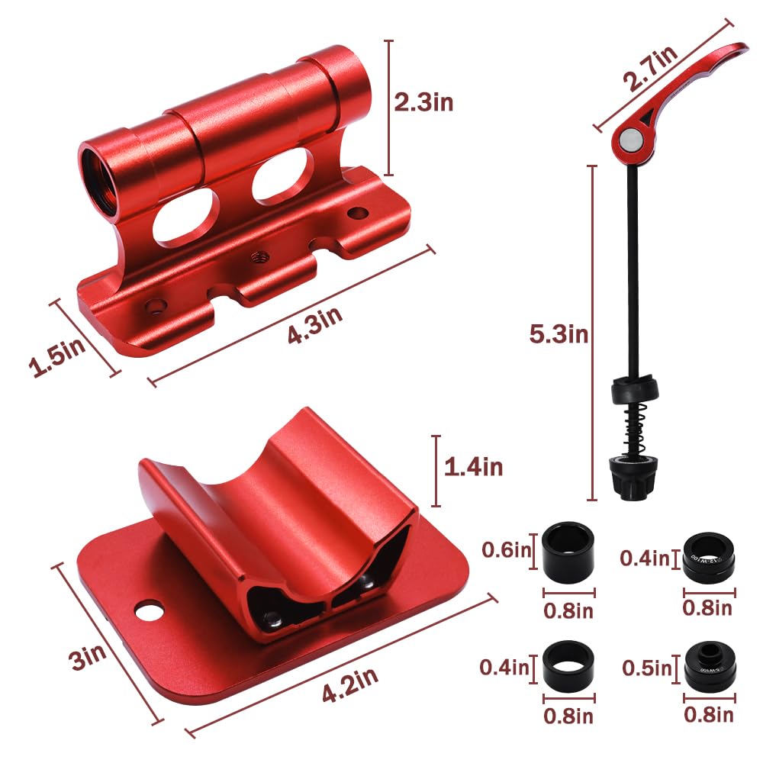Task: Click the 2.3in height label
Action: coord(423,101)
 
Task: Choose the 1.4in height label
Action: coord(473,466)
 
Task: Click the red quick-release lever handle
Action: coord(687,84)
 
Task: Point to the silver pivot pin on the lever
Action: coord(629,139)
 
